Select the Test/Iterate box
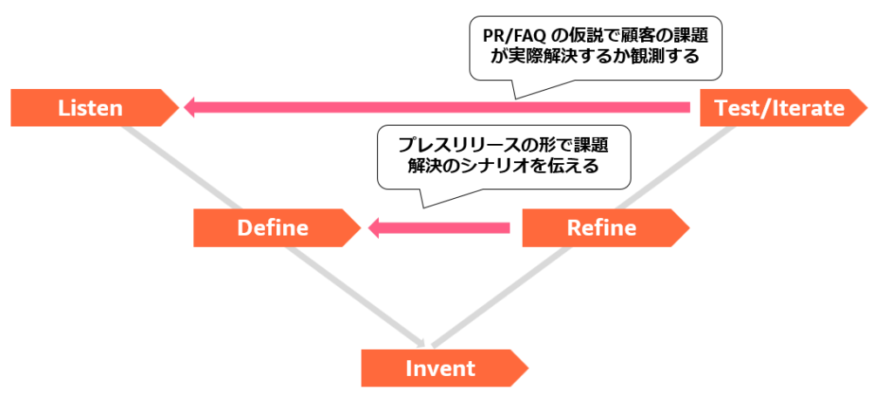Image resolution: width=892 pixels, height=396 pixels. [779, 107]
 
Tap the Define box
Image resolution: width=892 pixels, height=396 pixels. [273, 228]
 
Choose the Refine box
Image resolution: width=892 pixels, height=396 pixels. [601, 228]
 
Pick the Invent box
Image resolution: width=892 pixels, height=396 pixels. [441, 367]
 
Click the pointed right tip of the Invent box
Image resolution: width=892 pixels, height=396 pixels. [521, 367]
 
